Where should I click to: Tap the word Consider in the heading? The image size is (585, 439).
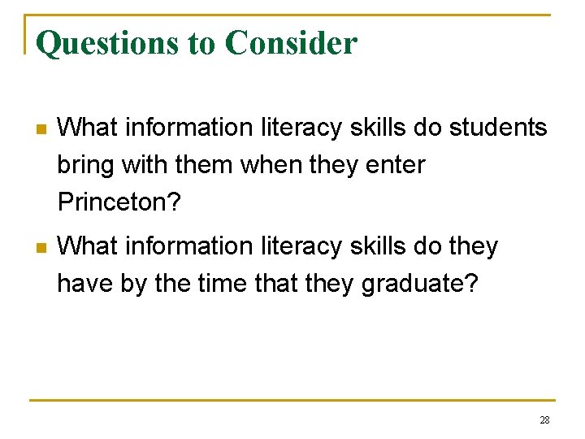pyautogui.click(x=291, y=43)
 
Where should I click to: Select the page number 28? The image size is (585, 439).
pyautogui.click(x=544, y=420)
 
